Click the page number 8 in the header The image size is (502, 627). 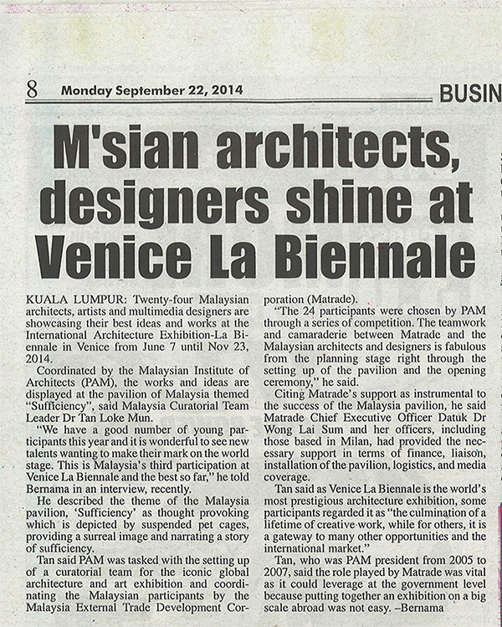tap(31, 89)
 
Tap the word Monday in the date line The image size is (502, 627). tap(85, 90)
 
